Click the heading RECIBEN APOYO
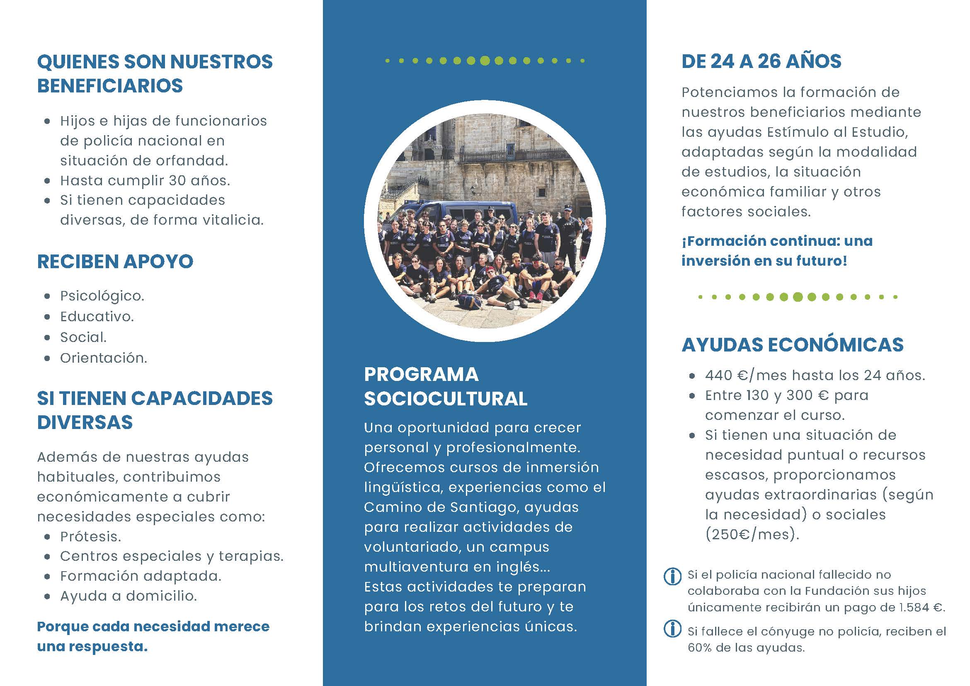pyautogui.click(x=115, y=262)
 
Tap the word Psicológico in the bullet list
pyautogui.click(x=102, y=296)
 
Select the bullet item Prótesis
pyautogui.click(x=90, y=536)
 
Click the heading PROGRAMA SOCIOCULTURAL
pyautogui.click(x=445, y=386)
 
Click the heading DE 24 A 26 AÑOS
pyautogui.click(x=761, y=62)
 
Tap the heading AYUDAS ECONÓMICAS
pyautogui.click(x=793, y=345)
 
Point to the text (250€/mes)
pyautogui.click(x=752, y=535)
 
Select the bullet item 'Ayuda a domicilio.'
pyautogui.click(x=129, y=596)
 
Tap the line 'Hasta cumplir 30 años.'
pyautogui.click(x=145, y=181)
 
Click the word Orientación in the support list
pyautogui.click(x=103, y=358)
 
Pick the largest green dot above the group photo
pyautogui.click(x=485, y=61)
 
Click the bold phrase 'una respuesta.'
pyautogui.click(x=92, y=647)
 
